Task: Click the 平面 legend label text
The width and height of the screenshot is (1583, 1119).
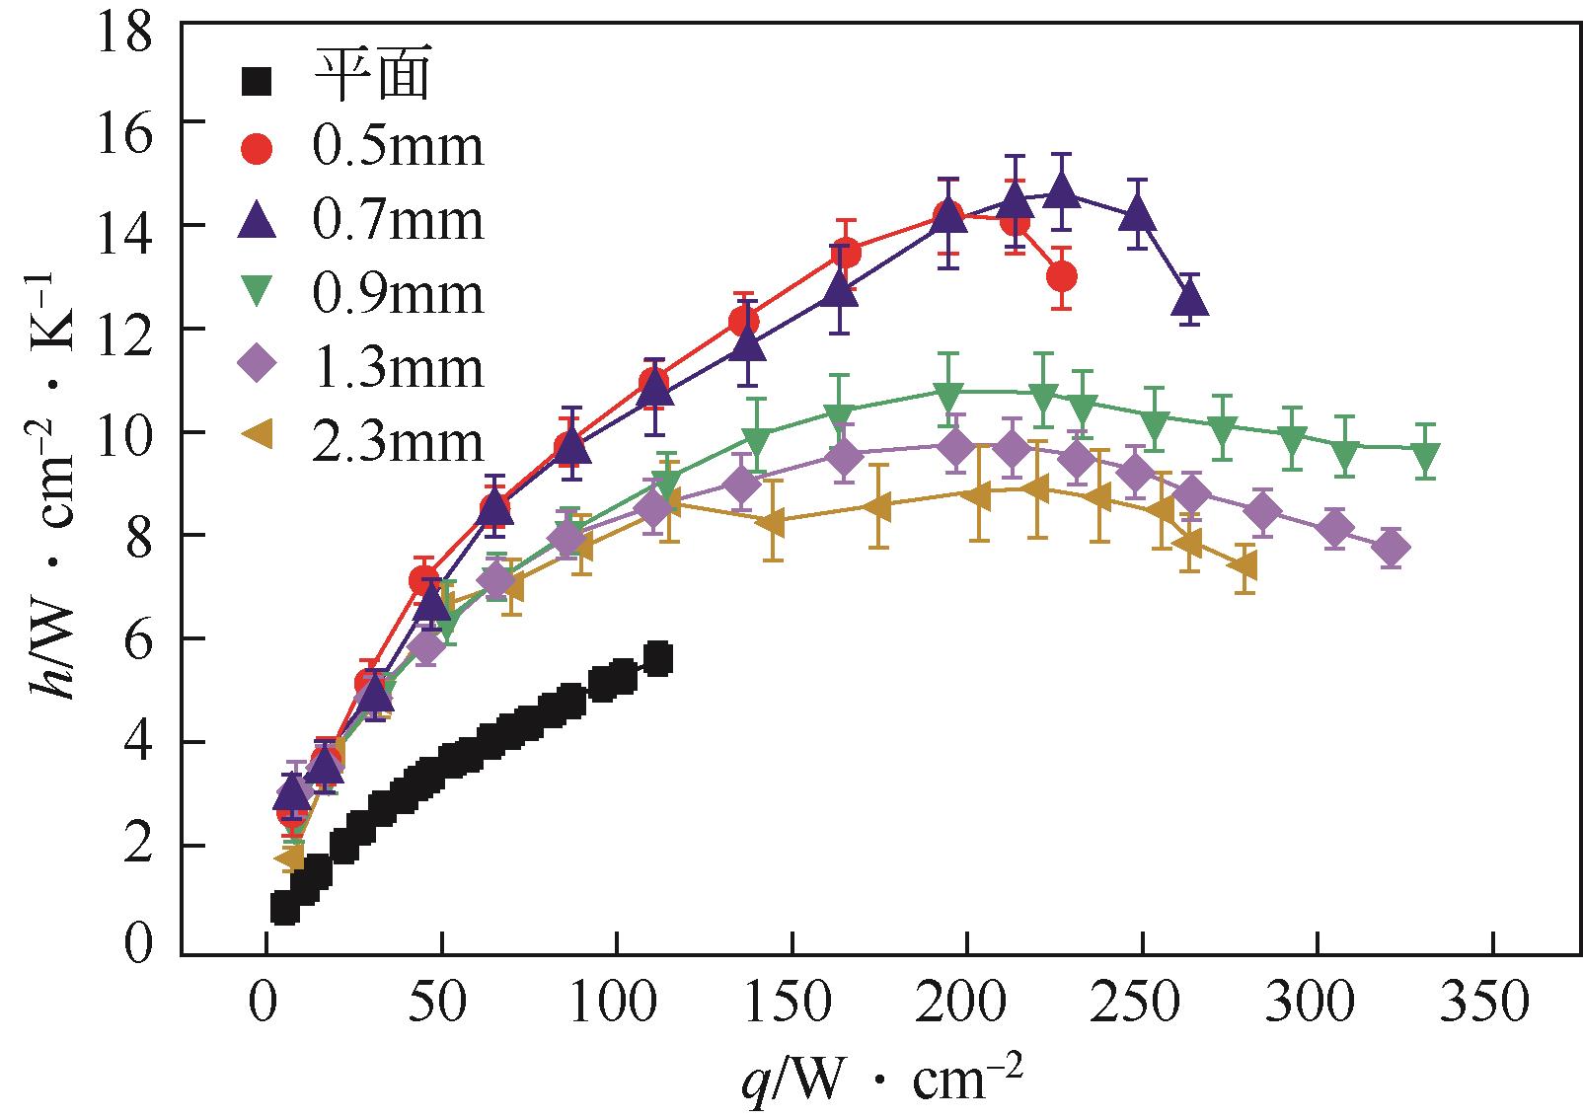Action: pyautogui.click(x=372, y=76)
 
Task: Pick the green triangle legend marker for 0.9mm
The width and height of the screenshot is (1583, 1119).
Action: pyautogui.click(x=259, y=294)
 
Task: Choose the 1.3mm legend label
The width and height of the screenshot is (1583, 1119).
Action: pyautogui.click(x=398, y=368)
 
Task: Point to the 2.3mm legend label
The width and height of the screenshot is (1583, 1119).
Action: pyautogui.click(x=398, y=442)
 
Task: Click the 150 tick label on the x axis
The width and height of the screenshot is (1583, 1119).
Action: pyautogui.click(x=791, y=1004)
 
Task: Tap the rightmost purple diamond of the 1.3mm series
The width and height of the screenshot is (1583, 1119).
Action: pyautogui.click(x=1392, y=548)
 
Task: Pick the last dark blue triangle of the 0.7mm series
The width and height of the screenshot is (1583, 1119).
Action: pyautogui.click(x=1189, y=298)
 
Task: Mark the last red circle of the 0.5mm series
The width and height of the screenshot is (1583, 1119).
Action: pyautogui.click(x=1062, y=276)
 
